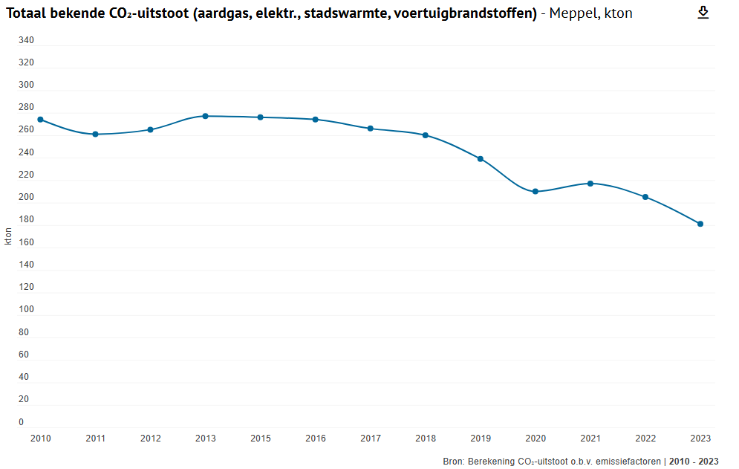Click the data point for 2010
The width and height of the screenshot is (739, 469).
pyautogui.click(x=41, y=120)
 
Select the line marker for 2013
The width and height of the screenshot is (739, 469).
pyautogui.click(x=206, y=116)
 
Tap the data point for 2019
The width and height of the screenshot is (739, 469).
pyautogui.click(x=481, y=159)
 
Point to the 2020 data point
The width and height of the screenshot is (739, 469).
pyautogui.click(x=535, y=192)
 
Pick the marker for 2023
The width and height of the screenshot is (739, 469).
pyautogui.click(x=700, y=224)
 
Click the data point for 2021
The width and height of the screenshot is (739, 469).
pyautogui.click(x=590, y=184)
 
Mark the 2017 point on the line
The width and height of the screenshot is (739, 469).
pyautogui.click(x=371, y=129)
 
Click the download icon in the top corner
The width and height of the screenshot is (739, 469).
pyautogui.click(x=703, y=13)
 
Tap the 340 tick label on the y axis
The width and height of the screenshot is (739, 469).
pyautogui.click(x=26, y=40)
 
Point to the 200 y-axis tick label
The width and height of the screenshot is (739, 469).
pyautogui.click(x=26, y=198)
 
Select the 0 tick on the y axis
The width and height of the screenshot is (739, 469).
pyautogui.click(x=22, y=422)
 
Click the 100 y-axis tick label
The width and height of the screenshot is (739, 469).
pyautogui.click(x=26, y=310)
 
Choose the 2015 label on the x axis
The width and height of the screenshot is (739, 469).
pyautogui.click(x=261, y=439)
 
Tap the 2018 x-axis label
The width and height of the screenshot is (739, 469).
pyautogui.click(x=426, y=439)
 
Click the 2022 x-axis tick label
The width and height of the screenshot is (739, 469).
pyautogui.click(x=645, y=439)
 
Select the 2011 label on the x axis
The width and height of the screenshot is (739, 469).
pyautogui.click(x=96, y=439)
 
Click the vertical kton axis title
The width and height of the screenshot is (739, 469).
pyautogui.click(x=8, y=236)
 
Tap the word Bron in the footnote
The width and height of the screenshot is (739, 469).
pyautogui.click(x=453, y=462)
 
